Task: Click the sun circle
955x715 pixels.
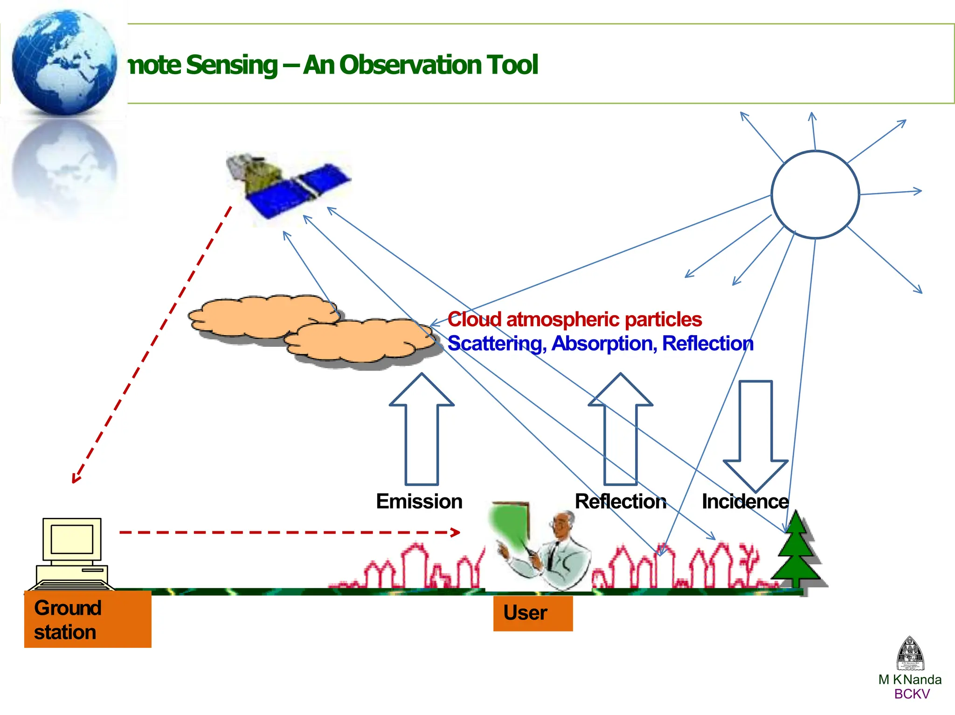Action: pos(815,194)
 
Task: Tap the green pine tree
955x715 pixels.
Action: pos(796,555)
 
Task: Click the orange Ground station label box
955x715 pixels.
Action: pos(88,619)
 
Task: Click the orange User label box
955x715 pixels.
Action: pos(533,613)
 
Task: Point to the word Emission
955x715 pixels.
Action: pos(419,502)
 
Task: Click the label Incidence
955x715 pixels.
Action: pos(745,502)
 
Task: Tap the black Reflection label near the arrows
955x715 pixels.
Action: pos(620,502)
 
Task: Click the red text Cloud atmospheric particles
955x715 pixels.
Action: pos(574,320)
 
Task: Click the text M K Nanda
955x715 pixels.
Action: pos(909,680)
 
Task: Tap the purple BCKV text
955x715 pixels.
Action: pos(912,694)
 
